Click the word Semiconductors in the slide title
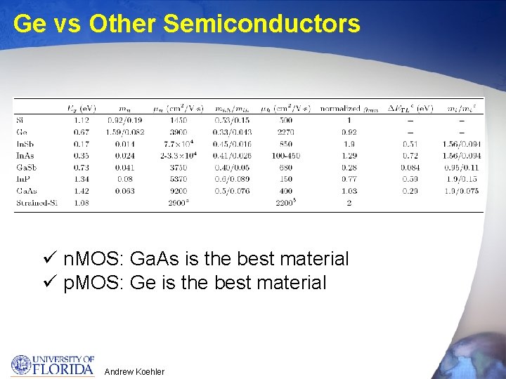point(261,24)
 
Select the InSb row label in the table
point(25,144)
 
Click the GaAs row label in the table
point(26,191)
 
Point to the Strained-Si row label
point(36,203)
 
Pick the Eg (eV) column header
point(82,108)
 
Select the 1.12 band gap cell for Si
point(82,120)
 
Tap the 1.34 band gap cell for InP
point(82,179)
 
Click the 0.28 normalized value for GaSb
point(349,167)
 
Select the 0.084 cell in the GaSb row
point(410,167)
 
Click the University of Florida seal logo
point(21,365)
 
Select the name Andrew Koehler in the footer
point(134,371)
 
